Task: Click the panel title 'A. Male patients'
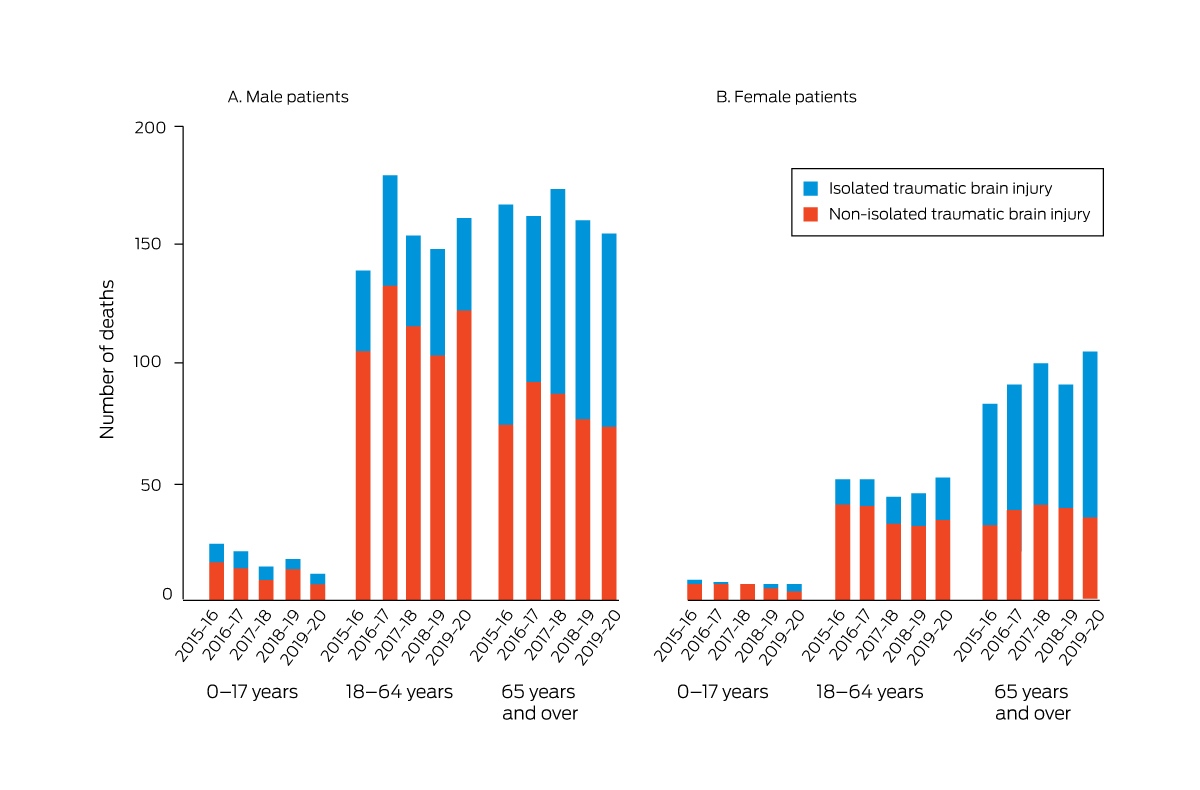(x=288, y=97)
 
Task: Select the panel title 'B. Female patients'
(x=786, y=97)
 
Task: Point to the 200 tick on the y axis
(x=179, y=127)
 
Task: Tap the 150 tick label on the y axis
(x=147, y=244)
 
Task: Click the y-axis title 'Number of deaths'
(x=108, y=359)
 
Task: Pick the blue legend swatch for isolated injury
(x=811, y=189)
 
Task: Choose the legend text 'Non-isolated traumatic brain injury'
(x=959, y=214)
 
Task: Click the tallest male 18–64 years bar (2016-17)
(x=390, y=387)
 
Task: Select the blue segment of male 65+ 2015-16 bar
(x=506, y=315)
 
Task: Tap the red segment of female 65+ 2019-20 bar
(x=1090, y=558)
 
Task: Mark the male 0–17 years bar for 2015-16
(x=216, y=572)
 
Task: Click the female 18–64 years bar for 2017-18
(x=893, y=548)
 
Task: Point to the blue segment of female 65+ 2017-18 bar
(x=1041, y=434)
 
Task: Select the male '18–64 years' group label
(x=399, y=692)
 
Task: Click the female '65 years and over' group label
(x=1032, y=703)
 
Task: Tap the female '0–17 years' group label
(x=723, y=692)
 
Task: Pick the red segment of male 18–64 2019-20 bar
(x=464, y=455)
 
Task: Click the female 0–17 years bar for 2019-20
(x=794, y=592)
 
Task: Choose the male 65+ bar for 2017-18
(x=558, y=395)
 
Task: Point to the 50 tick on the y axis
(x=179, y=484)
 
